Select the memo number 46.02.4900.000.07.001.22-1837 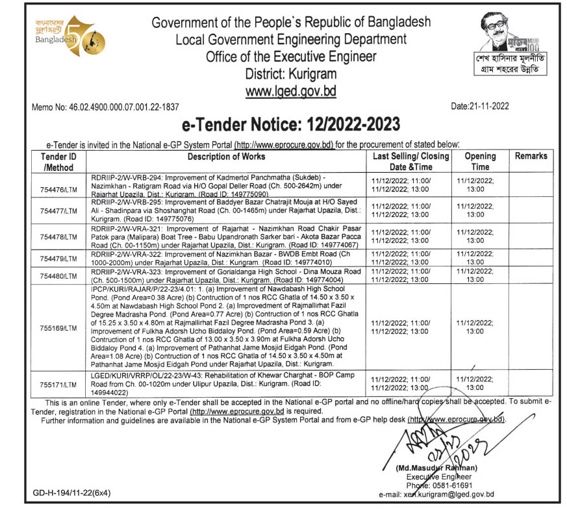(105, 107)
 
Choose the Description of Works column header (226, 157)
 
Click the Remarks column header (531, 157)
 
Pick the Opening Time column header (480, 162)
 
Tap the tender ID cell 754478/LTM (58, 237)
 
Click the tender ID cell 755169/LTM (58, 328)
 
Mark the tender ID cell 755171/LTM (58, 385)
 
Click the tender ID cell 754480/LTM (58, 276)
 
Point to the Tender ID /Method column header (58, 162)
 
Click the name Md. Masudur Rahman (435, 469)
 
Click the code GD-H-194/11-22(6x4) (71, 493)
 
